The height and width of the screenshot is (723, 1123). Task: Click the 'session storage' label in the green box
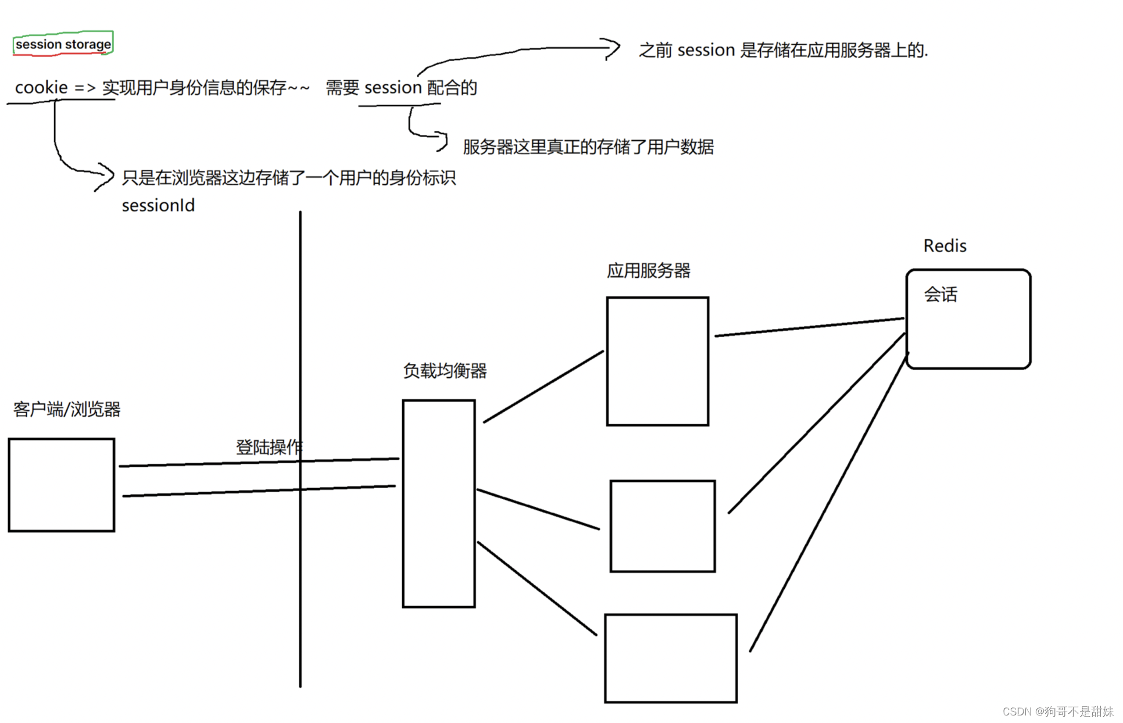click(x=63, y=44)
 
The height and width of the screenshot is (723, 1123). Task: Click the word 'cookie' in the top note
click(x=41, y=88)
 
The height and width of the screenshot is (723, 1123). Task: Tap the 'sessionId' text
click(x=158, y=206)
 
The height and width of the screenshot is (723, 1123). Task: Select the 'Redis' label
click(x=945, y=246)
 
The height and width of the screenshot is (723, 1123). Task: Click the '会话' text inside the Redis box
click(x=940, y=295)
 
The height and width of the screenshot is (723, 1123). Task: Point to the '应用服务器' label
click(x=648, y=271)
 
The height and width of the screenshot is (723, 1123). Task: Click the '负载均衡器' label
click(x=445, y=371)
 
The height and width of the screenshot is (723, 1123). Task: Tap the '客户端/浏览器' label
click(x=67, y=410)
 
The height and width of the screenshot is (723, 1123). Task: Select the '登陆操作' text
click(x=269, y=447)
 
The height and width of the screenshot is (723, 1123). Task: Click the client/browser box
click(x=62, y=485)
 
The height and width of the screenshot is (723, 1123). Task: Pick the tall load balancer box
click(x=439, y=503)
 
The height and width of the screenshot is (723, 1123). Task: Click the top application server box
click(x=657, y=361)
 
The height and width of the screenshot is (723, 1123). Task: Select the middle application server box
click(x=662, y=526)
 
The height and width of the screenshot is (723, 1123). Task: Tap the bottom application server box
click(x=671, y=658)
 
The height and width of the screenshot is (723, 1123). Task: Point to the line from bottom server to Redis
click(x=828, y=503)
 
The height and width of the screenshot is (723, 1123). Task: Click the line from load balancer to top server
click(x=543, y=386)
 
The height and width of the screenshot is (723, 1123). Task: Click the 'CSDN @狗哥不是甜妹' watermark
click(x=1057, y=711)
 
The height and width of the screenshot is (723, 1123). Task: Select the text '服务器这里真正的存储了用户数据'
click(x=588, y=147)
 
